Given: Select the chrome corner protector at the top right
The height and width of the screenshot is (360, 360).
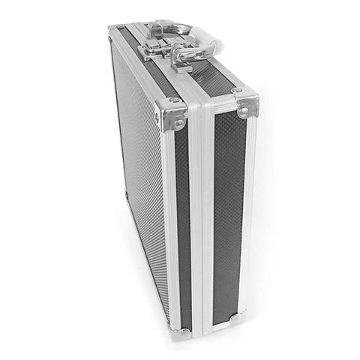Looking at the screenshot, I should coord(245,104).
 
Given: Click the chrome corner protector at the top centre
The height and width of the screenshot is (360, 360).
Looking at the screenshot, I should coord(171,117).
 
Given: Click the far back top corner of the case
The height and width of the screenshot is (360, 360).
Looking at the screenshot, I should coord(114,30).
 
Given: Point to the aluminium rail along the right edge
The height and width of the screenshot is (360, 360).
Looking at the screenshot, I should coord(250,217).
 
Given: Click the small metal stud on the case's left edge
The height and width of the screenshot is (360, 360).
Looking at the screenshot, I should coord(126,193).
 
